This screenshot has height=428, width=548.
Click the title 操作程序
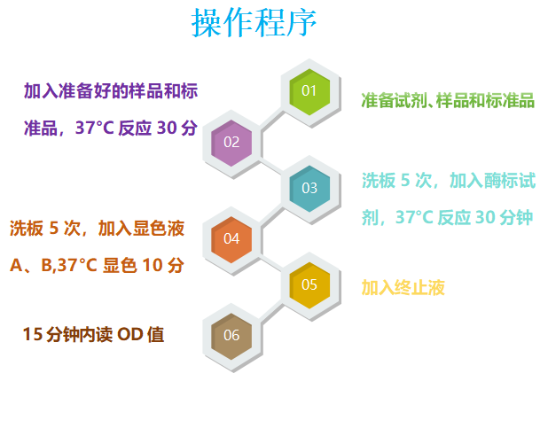click(x=254, y=24)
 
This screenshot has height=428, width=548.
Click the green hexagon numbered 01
click(x=309, y=90)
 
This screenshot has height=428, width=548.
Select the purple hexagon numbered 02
click(x=231, y=142)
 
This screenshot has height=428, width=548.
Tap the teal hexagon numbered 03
click(x=309, y=188)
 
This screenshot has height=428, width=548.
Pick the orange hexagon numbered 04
click(x=231, y=238)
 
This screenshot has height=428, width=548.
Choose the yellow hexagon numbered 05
click(x=309, y=284)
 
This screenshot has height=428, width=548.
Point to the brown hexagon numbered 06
click(x=231, y=335)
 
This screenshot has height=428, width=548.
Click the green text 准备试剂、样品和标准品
click(x=448, y=100)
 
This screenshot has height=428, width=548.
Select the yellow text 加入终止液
click(x=403, y=287)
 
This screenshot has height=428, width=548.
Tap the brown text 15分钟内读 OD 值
click(x=93, y=334)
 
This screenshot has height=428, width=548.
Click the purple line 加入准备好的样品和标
click(x=110, y=91)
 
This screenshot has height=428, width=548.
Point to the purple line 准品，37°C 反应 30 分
click(x=110, y=128)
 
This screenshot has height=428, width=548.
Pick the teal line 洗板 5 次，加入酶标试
click(x=448, y=181)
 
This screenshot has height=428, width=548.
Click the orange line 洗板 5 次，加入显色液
click(x=97, y=229)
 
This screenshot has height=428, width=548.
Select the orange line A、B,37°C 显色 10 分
click(x=97, y=265)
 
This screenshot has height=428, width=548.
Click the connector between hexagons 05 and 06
click(x=270, y=310)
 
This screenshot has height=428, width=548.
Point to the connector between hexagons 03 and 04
click(x=270, y=214)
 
